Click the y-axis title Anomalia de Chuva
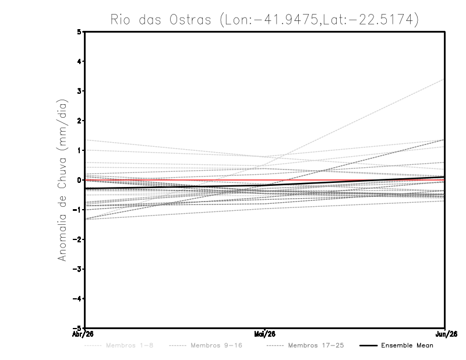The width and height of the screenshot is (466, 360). pyautogui.click(x=61, y=179)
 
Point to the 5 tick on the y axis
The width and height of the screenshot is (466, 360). pyautogui.click(x=79, y=31)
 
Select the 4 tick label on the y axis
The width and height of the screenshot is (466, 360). pyautogui.click(x=79, y=61)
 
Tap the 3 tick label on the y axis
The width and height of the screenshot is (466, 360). pyautogui.click(x=79, y=91)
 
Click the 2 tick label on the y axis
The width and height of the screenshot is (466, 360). pyautogui.click(x=79, y=121)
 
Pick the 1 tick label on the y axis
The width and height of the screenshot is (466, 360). pyautogui.click(x=79, y=150)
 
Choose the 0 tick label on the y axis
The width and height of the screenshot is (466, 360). pyautogui.click(x=79, y=180)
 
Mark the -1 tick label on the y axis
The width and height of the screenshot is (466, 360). pyautogui.click(x=77, y=210)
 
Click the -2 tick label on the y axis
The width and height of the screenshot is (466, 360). pyautogui.click(x=77, y=239)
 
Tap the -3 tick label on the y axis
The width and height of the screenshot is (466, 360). pyautogui.click(x=77, y=269)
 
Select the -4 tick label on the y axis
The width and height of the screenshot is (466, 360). pyautogui.click(x=77, y=299)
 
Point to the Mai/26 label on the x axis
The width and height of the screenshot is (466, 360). pyautogui.click(x=265, y=334)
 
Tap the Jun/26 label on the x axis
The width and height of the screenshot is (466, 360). pyautogui.click(x=444, y=334)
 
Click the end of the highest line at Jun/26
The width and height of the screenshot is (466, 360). pyautogui.click(x=444, y=79)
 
